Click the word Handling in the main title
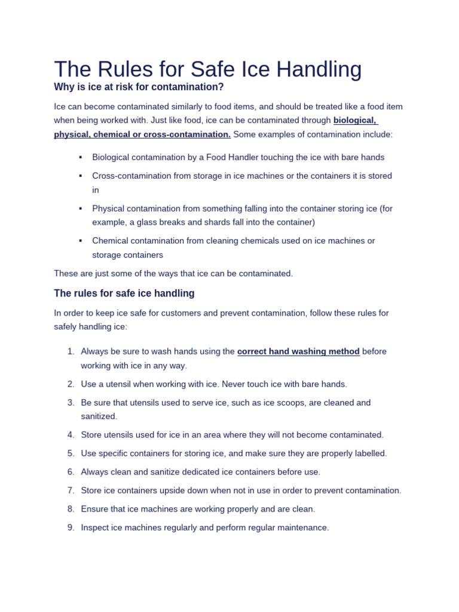[x=316, y=69]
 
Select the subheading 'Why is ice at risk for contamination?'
[x=139, y=87]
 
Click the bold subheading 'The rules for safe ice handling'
[x=124, y=293]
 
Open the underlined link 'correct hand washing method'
[x=298, y=351]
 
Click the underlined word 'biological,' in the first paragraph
[x=355, y=120]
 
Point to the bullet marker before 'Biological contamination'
[x=79, y=157]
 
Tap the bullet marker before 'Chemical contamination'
[x=79, y=241]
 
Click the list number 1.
[x=70, y=351]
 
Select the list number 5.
[x=70, y=453]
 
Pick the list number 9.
[x=70, y=528]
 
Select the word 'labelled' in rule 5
[x=368, y=453]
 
